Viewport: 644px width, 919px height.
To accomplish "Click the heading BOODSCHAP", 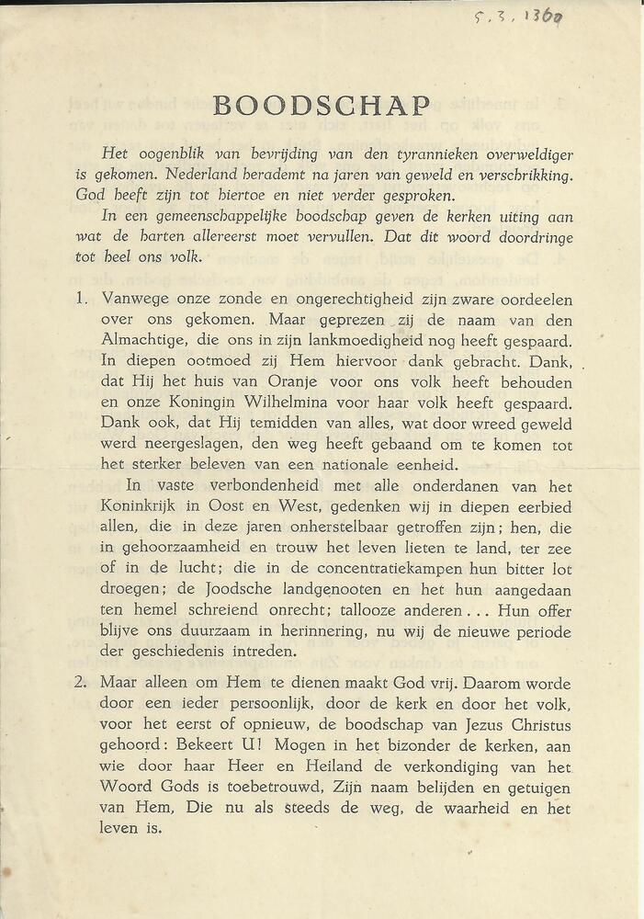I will (x=322, y=106).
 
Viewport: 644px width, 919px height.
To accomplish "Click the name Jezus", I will (x=486, y=726).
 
